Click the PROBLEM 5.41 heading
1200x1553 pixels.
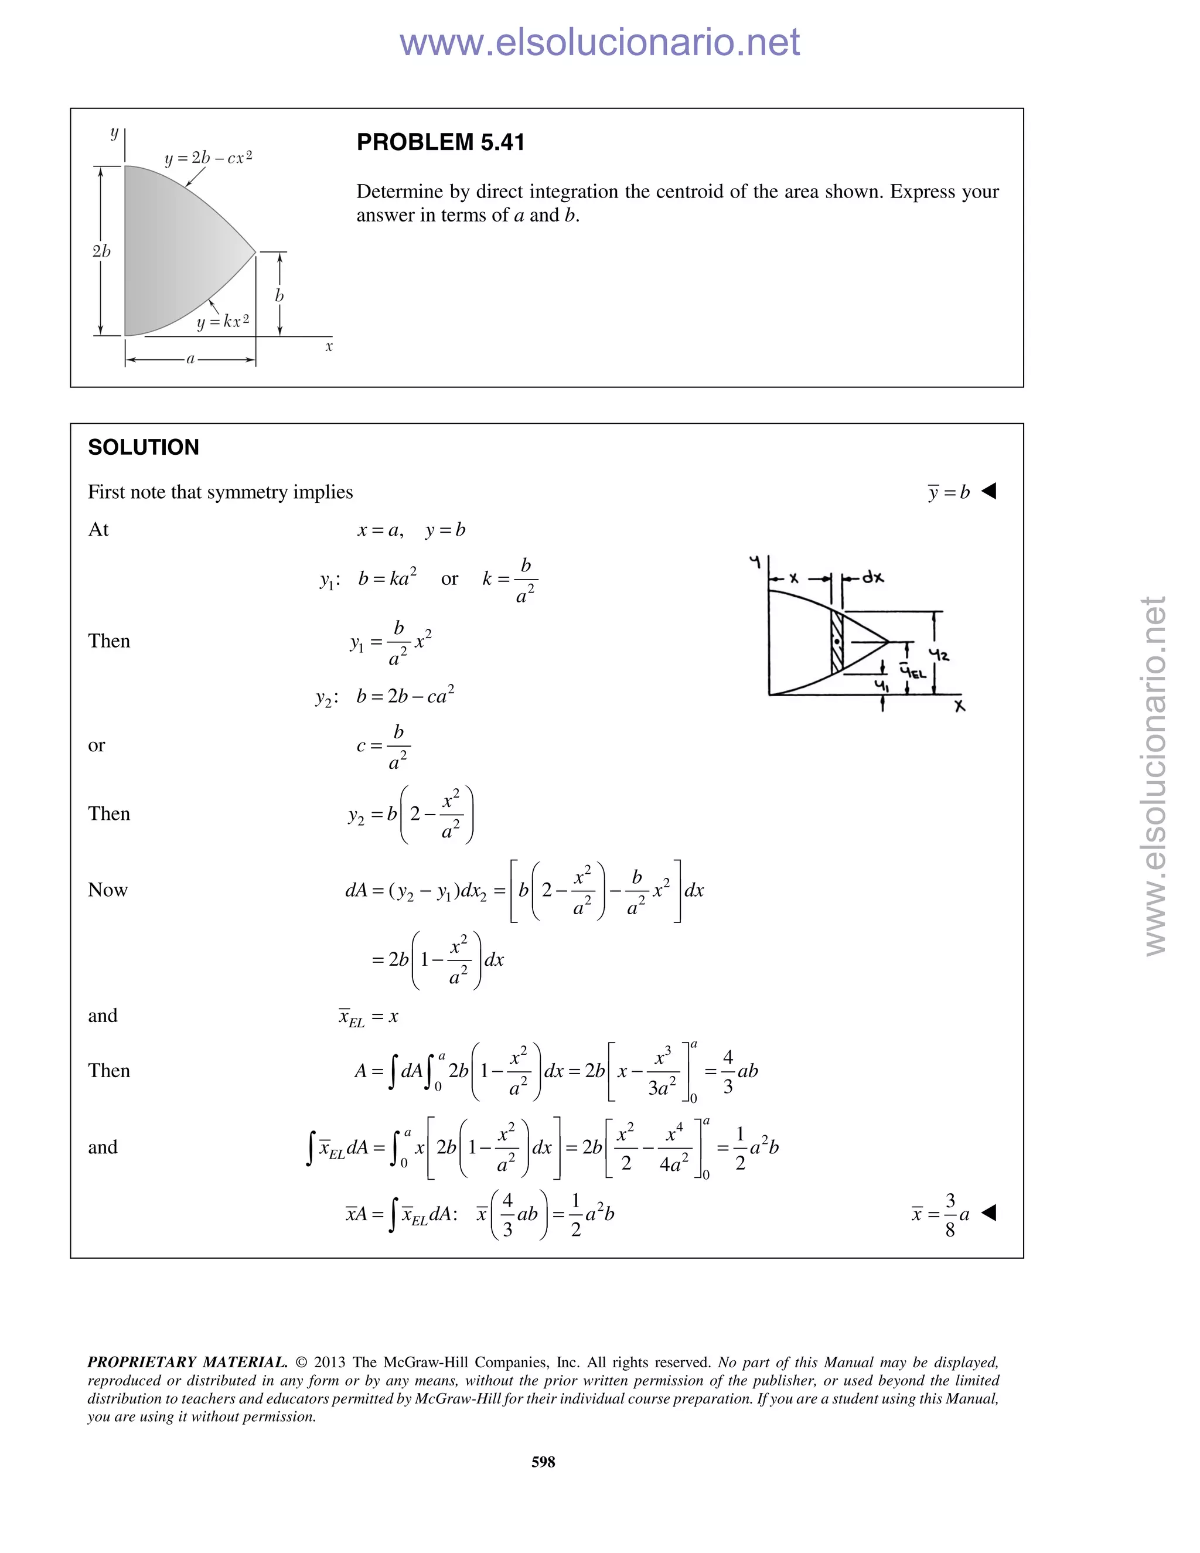pyautogui.click(x=440, y=142)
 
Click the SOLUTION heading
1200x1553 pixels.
pyautogui.click(x=143, y=447)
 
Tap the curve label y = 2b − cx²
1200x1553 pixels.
pyautogui.click(x=208, y=158)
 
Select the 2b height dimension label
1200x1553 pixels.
pyautogui.click(x=101, y=251)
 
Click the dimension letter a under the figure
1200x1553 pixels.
pyautogui.click(x=190, y=360)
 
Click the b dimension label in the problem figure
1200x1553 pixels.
pyautogui.click(x=279, y=296)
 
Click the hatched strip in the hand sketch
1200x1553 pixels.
pyautogui.click(x=837, y=641)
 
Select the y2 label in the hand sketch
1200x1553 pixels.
pyautogui.click(x=940, y=653)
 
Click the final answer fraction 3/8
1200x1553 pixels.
pyautogui.click(x=950, y=1214)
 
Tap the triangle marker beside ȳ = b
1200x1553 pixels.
pyautogui.click(x=989, y=491)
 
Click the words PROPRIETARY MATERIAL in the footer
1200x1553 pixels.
pyautogui.click(x=187, y=1363)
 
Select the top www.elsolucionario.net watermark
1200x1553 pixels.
pyautogui.click(x=599, y=42)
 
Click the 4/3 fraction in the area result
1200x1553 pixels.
pyautogui.click(x=727, y=1071)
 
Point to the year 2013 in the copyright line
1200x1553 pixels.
pyautogui.click(x=329, y=1363)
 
